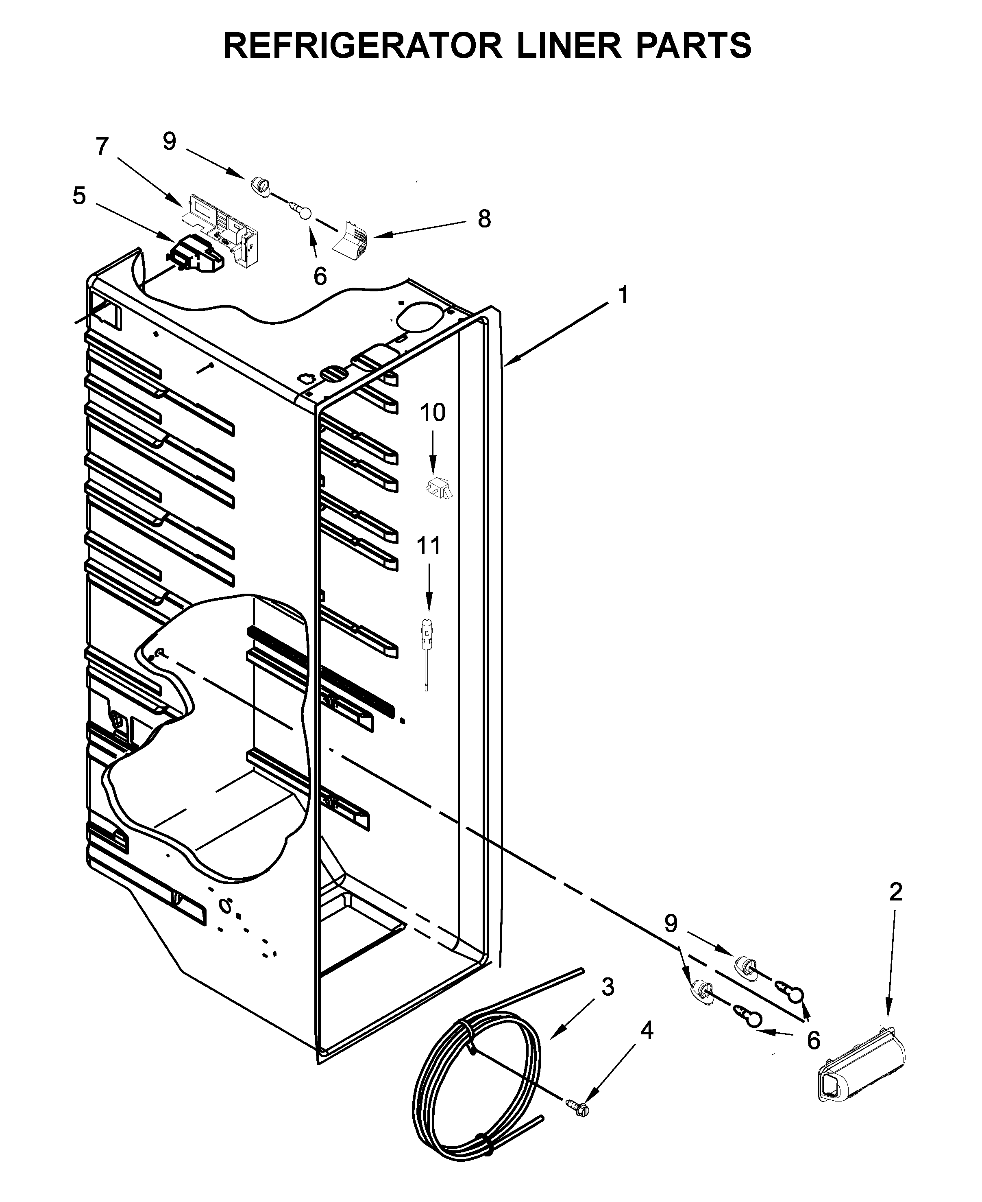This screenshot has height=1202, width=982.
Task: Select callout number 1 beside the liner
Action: coord(623,295)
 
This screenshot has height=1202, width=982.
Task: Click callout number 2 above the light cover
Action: coord(895,892)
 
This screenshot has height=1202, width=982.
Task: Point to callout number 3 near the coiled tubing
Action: coord(607,987)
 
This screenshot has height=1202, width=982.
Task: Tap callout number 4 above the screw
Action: coord(647,1031)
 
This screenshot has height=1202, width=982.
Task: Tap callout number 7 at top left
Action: coord(102,147)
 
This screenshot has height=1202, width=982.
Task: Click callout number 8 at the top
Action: coord(484,219)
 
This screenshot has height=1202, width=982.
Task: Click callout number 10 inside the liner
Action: coord(433,413)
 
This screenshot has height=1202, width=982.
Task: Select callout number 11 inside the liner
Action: coord(428,546)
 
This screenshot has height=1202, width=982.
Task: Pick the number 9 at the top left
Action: coord(170,142)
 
